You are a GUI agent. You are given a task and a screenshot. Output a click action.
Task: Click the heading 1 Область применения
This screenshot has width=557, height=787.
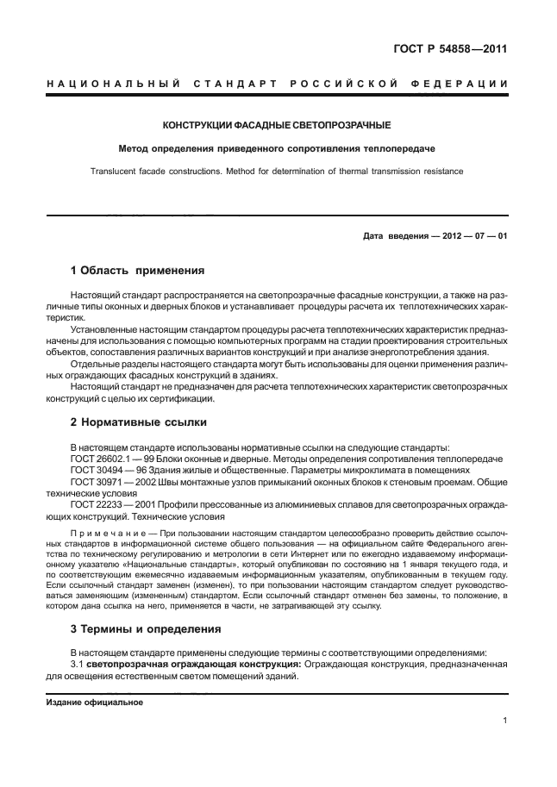136,270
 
